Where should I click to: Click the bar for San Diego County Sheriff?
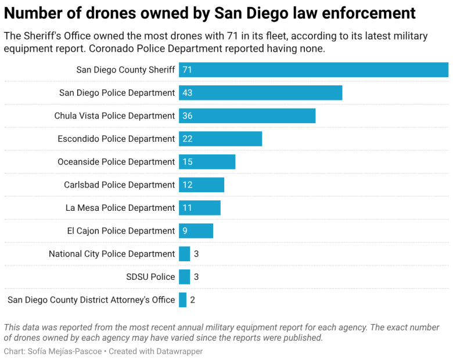(x=314, y=70)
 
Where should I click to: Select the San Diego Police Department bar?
(x=260, y=93)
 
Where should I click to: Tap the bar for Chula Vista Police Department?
(x=247, y=116)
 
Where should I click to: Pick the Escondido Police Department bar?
(x=220, y=139)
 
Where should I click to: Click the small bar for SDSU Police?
(x=184, y=277)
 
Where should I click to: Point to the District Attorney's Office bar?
(x=182, y=300)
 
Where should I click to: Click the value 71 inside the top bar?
(x=187, y=70)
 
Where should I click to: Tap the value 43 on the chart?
(x=187, y=93)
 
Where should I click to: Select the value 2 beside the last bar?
(x=193, y=300)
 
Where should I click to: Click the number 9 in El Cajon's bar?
(x=185, y=231)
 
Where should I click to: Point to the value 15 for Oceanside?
(x=187, y=162)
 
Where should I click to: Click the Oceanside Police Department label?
(x=116, y=162)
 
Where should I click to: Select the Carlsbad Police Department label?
(x=119, y=185)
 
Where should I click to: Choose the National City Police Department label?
(x=112, y=254)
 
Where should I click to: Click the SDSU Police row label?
(x=150, y=277)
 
